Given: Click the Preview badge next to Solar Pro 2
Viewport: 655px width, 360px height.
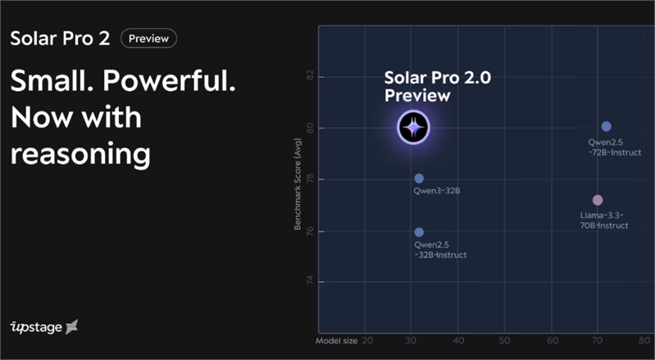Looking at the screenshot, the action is [x=148, y=39].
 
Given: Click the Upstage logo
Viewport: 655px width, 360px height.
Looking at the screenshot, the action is [x=44, y=327].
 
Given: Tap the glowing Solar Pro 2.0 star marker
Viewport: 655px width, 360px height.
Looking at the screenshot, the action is [x=413, y=127].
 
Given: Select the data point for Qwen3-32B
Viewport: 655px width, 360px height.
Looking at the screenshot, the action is [x=419, y=179].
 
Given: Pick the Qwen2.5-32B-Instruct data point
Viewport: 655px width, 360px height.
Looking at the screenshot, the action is [x=419, y=232].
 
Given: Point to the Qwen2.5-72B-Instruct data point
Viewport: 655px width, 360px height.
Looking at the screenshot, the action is [x=607, y=126].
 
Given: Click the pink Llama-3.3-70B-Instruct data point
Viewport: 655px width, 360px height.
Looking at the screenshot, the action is [x=598, y=200].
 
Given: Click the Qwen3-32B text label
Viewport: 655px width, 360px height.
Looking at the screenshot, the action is [x=436, y=191].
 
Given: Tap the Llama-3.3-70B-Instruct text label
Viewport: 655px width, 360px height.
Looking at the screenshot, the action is [x=604, y=221].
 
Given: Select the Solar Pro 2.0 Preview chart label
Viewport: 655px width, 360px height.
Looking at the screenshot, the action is [x=438, y=86].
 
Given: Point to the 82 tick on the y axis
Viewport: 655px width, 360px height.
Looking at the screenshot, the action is [x=310, y=77].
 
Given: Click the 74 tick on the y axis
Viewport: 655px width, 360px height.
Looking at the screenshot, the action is [x=310, y=282].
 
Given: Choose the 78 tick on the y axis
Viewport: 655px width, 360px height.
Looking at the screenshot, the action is [x=310, y=180].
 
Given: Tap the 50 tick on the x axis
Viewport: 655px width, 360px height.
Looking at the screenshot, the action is [x=505, y=341].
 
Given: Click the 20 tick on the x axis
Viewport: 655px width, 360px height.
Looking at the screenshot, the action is [x=367, y=341].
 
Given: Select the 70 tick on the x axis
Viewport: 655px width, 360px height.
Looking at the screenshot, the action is [x=598, y=341].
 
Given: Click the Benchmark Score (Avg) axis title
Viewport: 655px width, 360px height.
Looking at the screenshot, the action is [x=298, y=185].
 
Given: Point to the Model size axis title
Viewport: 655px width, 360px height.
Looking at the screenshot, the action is [x=336, y=341].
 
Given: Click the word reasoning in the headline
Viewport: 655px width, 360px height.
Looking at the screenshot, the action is [x=80, y=154].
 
